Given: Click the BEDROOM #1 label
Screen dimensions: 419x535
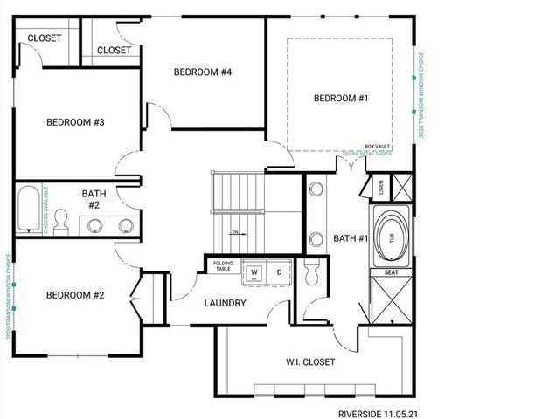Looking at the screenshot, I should click(341, 100).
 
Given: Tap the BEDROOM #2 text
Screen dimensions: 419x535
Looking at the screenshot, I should click(75, 295).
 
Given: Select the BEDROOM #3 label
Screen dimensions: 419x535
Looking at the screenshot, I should click(75, 122).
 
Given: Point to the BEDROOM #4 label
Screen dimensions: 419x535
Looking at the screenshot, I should click(202, 72).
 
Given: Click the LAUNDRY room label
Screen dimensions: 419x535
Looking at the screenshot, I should click(225, 304).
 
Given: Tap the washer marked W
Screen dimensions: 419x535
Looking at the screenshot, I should click(255, 271).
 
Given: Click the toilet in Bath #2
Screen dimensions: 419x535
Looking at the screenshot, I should click(62, 222).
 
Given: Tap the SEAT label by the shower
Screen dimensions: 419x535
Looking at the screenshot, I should click(391, 272).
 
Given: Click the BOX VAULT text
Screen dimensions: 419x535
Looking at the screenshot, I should click(376, 148).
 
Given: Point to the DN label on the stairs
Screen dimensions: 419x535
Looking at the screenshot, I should click(235, 232).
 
